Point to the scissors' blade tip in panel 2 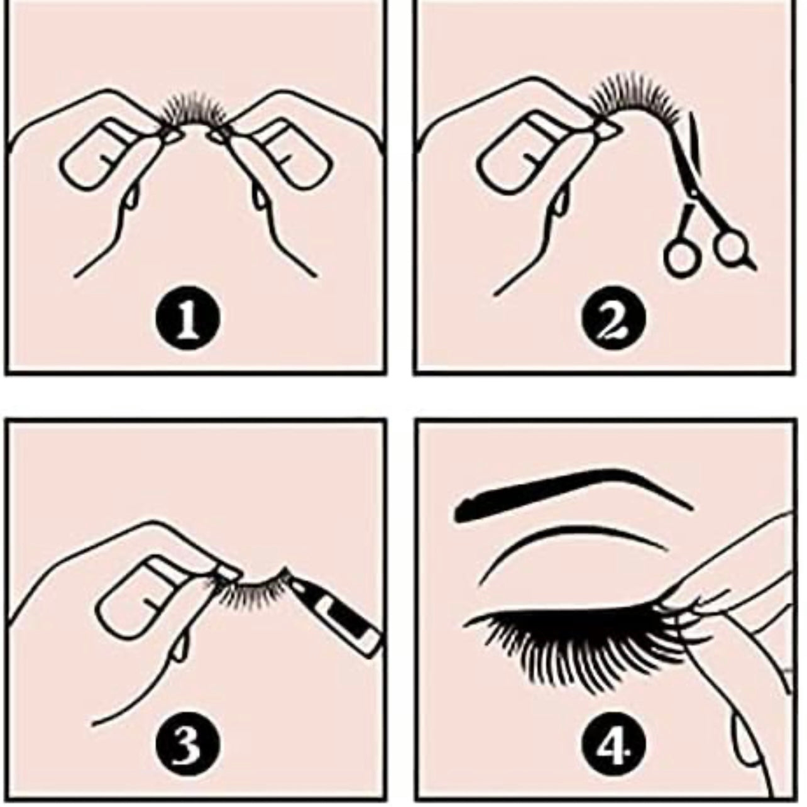point(689,113)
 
